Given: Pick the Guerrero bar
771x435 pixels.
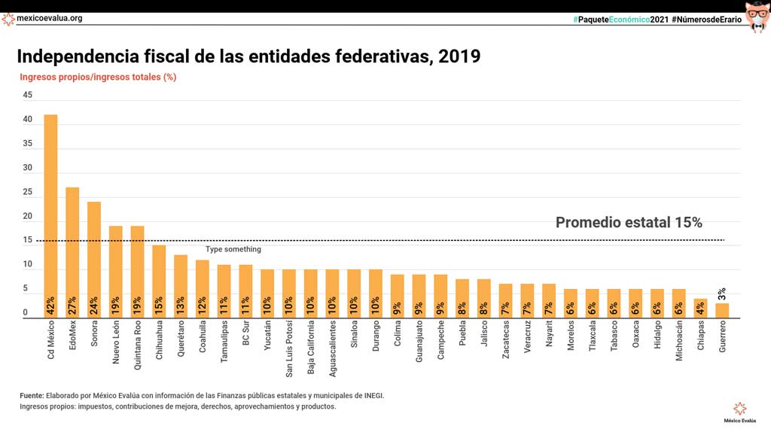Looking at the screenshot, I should pyautogui.click(x=722, y=311).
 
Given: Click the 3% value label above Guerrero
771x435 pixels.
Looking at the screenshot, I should pyautogui.click(x=722, y=294).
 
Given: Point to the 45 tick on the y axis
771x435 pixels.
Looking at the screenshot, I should pyautogui.click(x=28, y=96).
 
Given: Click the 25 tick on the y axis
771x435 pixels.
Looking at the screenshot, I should pyautogui.click(x=28, y=193).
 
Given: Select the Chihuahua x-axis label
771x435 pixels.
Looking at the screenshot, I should pyautogui.click(x=160, y=342).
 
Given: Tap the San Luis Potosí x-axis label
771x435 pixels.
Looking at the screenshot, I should pyautogui.click(x=289, y=349).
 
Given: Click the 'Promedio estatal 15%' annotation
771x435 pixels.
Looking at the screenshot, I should pyautogui.click(x=629, y=223).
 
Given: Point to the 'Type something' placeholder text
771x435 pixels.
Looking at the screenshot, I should pyautogui.click(x=233, y=250).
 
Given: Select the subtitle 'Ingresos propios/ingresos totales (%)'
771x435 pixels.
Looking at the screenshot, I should pyautogui.click(x=98, y=77).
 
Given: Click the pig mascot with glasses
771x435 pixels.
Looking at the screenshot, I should pyautogui.click(x=757, y=17).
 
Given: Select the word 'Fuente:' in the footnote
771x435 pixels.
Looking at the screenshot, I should pyautogui.click(x=32, y=395).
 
